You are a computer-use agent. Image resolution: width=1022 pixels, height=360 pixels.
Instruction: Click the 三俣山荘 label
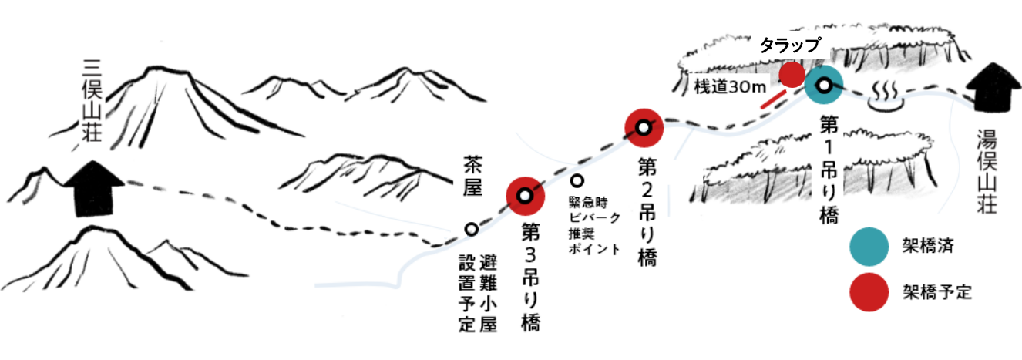(x=92, y=100)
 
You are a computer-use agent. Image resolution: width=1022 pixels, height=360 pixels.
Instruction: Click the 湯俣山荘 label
(x=987, y=172)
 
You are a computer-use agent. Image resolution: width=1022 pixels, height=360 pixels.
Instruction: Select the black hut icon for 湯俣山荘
(x=993, y=87)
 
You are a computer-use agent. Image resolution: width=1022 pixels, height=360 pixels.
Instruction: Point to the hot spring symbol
(x=885, y=96)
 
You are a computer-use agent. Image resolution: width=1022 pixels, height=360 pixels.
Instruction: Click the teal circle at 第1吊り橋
(x=823, y=85)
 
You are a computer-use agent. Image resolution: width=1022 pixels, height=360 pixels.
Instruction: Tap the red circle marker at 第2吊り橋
(x=644, y=128)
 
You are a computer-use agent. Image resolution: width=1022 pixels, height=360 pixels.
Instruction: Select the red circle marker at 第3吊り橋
(x=525, y=197)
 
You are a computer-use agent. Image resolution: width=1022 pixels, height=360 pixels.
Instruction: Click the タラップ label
(x=789, y=45)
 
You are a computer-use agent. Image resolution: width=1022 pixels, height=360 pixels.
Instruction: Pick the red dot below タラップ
(x=792, y=74)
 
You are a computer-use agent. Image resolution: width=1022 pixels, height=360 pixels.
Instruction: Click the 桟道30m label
(x=730, y=86)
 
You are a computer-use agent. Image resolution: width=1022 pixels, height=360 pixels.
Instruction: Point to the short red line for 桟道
(x=773, y=99)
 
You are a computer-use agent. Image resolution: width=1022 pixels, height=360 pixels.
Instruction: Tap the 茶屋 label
(x=472, y=176)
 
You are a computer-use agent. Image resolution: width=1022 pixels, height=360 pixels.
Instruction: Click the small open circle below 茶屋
(x=471, y=229)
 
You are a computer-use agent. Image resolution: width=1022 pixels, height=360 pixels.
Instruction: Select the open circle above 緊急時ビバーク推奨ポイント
(x=577, y=181)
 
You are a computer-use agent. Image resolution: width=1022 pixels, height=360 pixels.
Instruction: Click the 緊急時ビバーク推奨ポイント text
(x=594, y=225)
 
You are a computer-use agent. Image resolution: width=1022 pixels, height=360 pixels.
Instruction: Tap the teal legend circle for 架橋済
(x=869, y=247)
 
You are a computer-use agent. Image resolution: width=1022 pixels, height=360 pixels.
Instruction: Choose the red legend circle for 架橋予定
(x=869, y=292)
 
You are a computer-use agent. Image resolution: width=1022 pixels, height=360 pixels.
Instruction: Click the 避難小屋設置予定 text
(x=478, y=294)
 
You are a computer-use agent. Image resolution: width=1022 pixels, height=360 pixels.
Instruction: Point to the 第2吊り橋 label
(x=647, y=212)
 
